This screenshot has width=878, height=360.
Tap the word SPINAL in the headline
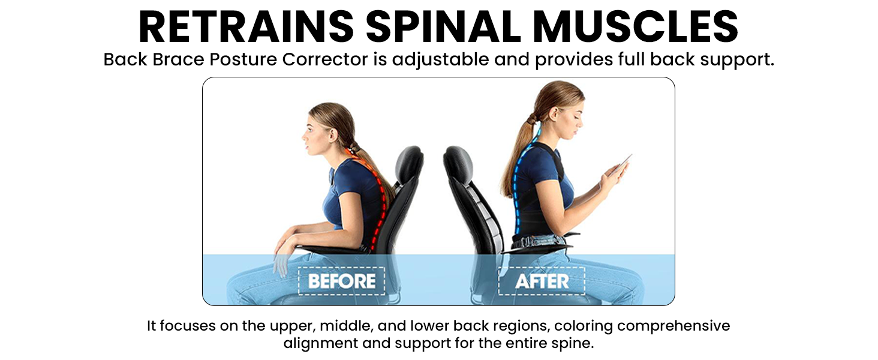(x=443, y=26)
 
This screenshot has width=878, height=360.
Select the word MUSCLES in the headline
(x=636, y=26)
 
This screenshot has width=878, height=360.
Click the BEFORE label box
(x=341, y=281)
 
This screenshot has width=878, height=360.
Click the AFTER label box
(x=542, y=281)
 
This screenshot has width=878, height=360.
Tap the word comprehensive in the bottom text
(x=673, y=326)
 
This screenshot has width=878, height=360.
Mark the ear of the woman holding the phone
(x=554, y=113)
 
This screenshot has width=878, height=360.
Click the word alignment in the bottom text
(x=320, y=344)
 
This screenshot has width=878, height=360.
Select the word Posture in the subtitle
(x=243, y=59)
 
